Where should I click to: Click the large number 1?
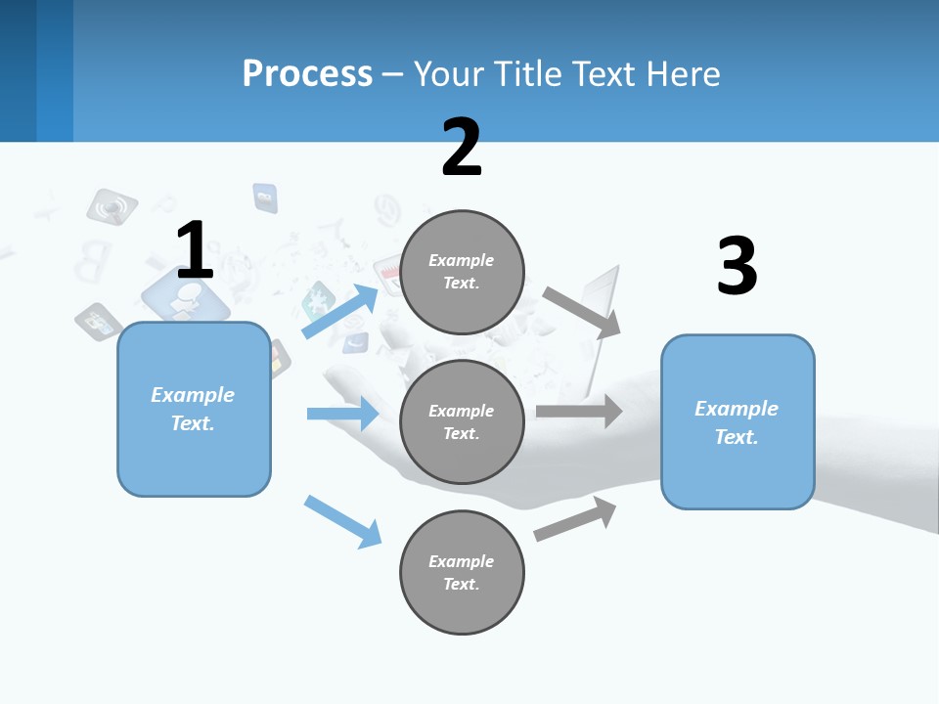[x=195, y=251]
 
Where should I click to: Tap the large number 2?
[x=462, y=148]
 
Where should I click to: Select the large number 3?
[x=738, y=266]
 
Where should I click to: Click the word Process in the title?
[x=307, y=73]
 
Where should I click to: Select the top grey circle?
[x=463, y=272]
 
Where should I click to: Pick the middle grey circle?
[x=463, y=421]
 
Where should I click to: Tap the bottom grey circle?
[x=463, y=572]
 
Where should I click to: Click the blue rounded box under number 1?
[x=194, y=409]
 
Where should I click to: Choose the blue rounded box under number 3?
[x=738, y=421]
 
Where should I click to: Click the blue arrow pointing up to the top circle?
[x=340, y=312]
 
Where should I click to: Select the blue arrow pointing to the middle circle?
[x=342, y=414]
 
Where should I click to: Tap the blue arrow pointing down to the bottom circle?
[x=342, y=520]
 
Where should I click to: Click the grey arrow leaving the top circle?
[x=582, y=312]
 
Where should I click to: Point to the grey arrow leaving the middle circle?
[x=579, y=411]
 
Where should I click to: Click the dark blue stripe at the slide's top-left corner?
[x=19, y=70]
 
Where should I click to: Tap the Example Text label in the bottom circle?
[x=462, y=572]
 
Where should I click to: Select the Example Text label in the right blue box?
[x=737, y=422]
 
